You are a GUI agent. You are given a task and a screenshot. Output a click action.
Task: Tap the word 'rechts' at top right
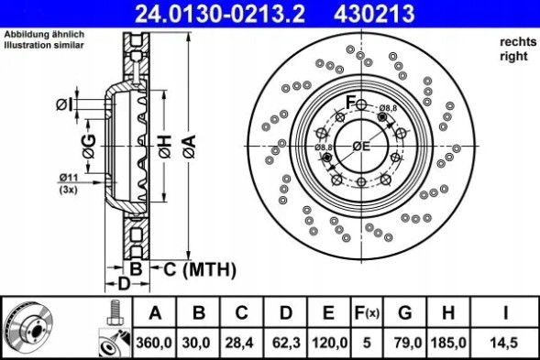point(512,42)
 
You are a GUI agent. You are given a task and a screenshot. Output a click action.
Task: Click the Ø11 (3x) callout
point(69,182)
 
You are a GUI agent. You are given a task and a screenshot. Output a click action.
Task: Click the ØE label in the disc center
point(360,146)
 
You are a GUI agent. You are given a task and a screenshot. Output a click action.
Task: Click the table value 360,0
point(155,342)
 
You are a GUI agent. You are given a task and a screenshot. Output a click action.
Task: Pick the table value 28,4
point(241,342)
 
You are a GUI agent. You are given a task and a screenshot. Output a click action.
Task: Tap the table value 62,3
point(285,342)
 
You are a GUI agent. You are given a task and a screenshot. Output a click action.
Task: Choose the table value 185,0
point(447,342)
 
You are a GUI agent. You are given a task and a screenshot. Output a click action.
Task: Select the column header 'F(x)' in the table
point(366,313)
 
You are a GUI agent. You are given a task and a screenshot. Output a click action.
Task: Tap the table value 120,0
point(328,342)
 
